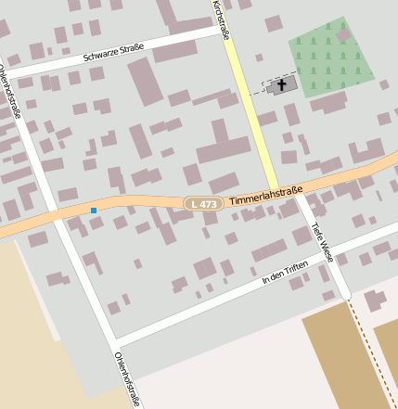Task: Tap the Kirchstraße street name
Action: point(221,20)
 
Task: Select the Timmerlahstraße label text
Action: point(265,197)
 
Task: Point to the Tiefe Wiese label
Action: point(322,238)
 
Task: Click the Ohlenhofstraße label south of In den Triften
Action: point(127,379)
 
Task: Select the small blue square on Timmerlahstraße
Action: point(94,211)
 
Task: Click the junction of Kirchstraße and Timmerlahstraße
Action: point(276,191)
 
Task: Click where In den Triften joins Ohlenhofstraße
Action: point(114,339)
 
